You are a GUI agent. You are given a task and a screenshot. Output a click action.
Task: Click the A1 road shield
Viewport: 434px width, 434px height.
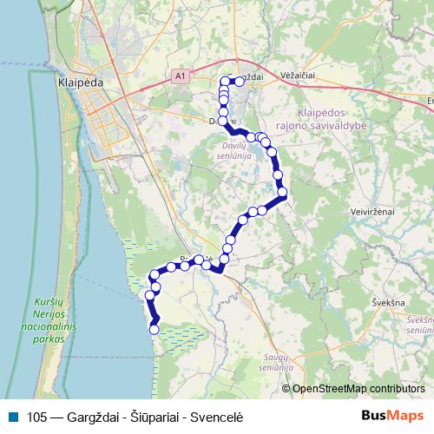pos(180,76)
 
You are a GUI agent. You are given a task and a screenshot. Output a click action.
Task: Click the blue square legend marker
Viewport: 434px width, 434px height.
pos(10,416)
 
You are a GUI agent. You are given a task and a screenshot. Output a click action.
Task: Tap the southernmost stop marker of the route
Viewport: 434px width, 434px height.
pos(155,329)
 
